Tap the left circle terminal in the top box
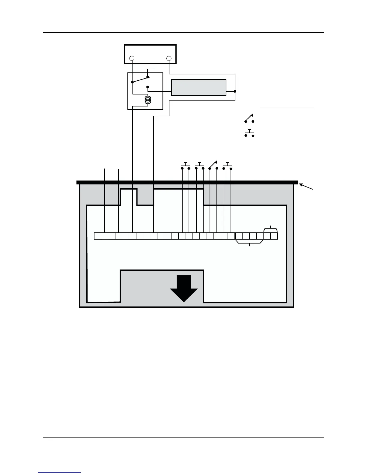coord(132,58)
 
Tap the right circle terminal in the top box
coord(169,58)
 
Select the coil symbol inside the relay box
coord(148,100)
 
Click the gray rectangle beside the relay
coord(198,87)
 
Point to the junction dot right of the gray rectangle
coord(235,91)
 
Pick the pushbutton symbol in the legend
coord(249,133)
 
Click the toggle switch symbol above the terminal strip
coord(213,165)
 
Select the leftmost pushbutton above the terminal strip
coord(186,166)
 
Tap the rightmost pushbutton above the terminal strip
coord(227,166)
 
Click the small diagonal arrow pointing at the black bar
coord(306,187)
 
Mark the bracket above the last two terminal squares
coord(270,229)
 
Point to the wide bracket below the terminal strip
coord(249,243)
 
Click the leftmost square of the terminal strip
coord(97,236)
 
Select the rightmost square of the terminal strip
coord(274,236)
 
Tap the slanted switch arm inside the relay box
coord(140,79)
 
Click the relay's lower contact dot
coord(148,87)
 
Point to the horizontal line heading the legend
coord(287,107)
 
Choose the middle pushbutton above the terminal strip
coord(199,166)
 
